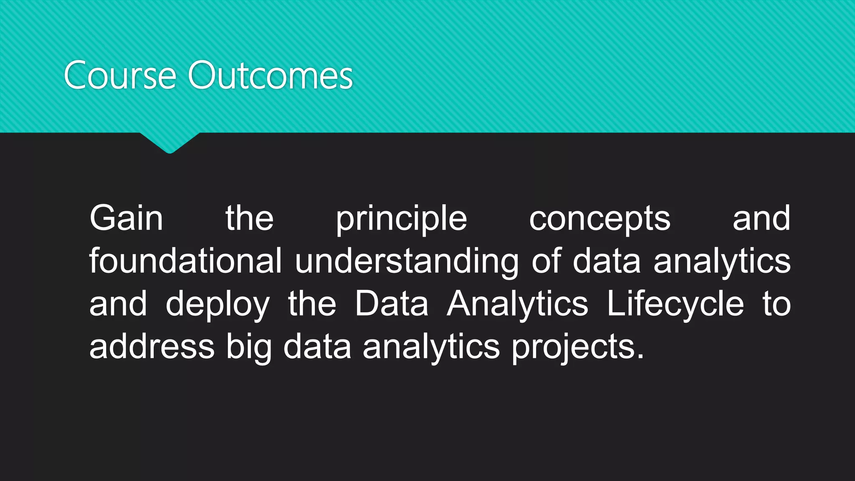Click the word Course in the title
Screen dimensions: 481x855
point(120,76)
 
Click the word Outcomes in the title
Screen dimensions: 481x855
point(271,76)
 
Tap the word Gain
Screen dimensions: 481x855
point(126,218)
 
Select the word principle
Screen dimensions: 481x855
point(401,220)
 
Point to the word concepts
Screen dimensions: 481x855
point(600,220)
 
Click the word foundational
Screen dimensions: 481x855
point(185,261)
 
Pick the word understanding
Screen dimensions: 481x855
point(407,263)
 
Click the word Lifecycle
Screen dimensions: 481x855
point(675,304)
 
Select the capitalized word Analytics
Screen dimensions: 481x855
point(517,304)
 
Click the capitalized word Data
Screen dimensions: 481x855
point(392,304)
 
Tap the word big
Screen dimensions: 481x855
point(249,348)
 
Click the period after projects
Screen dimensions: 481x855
point(641,357)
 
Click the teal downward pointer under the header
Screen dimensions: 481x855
point(169,142)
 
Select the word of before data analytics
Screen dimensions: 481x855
point(546,261)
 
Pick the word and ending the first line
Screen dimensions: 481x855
point(761,218)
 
